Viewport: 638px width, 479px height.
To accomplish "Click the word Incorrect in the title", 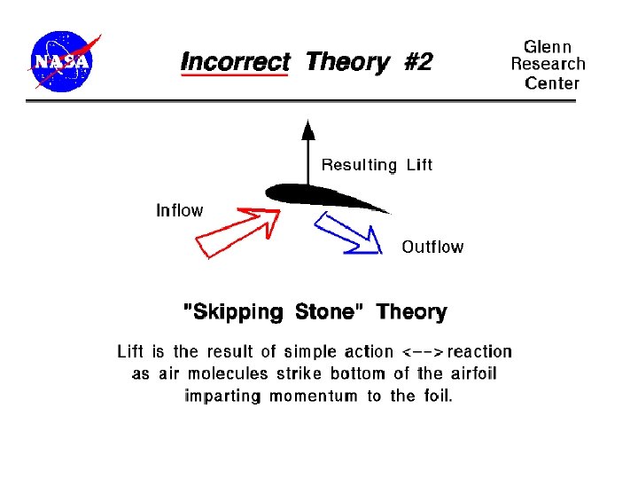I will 235,62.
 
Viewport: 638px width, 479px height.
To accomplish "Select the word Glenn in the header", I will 548,46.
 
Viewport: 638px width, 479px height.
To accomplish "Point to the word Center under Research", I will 551,83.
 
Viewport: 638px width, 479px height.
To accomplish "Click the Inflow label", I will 179,210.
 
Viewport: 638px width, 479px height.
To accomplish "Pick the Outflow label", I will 432,247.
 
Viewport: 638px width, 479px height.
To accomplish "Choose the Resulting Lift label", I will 377,165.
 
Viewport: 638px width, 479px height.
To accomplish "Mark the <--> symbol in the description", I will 423,351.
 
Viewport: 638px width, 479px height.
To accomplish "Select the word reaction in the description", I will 479,351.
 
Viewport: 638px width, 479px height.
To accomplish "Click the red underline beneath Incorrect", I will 234,76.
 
